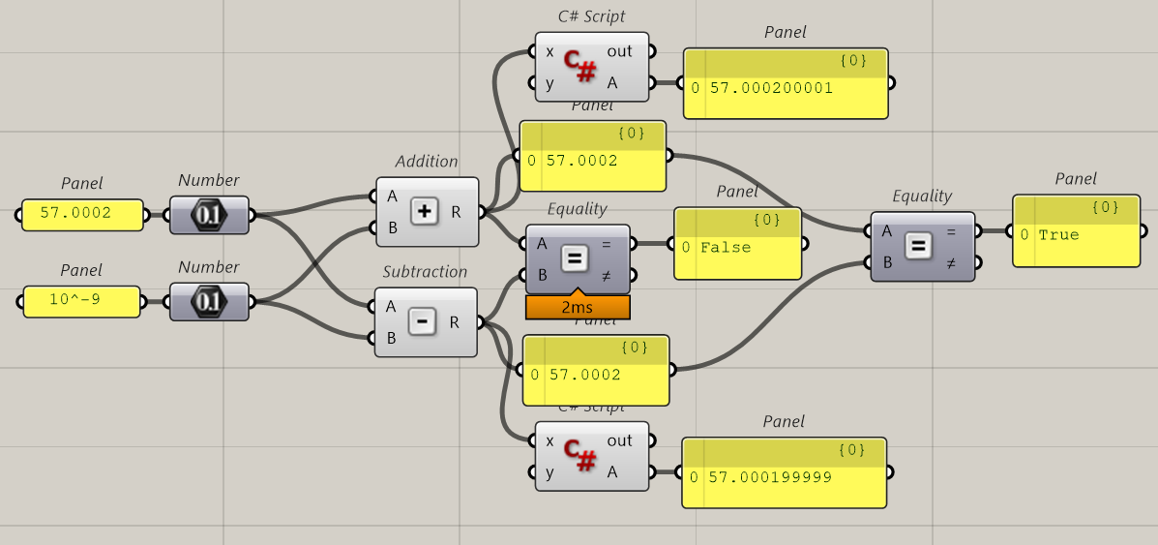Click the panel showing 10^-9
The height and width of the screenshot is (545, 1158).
pos(82,302)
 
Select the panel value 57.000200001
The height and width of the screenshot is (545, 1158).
pos(771,88)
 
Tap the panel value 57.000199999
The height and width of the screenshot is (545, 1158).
pos(769,477)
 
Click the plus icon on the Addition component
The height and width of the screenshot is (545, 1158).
pos(425,211)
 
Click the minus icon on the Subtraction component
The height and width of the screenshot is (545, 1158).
pos(422,321)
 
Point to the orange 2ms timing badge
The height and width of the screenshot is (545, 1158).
pos(578,307)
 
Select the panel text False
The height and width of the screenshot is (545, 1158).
pos(726,248)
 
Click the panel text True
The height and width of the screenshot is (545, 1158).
pos(1058,235)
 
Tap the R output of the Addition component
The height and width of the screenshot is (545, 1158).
pos(456,212)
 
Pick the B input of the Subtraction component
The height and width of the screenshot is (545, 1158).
pos(392,338)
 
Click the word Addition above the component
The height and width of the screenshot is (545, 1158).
pos(427,162)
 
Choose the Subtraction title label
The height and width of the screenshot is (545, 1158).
pos(425,272)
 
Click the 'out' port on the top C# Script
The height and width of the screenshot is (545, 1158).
pos(619,51)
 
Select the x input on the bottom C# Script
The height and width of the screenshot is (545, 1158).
pos(549,441)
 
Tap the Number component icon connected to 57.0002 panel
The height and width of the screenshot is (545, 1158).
pos(208,215)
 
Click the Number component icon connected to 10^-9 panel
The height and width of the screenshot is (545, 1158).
pos(208,302)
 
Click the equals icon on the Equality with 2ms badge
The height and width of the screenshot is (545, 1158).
pos(575,258)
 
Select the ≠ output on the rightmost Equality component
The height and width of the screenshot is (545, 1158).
pos(951,262)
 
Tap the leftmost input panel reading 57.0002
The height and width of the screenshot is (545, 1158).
pos(81,214)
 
